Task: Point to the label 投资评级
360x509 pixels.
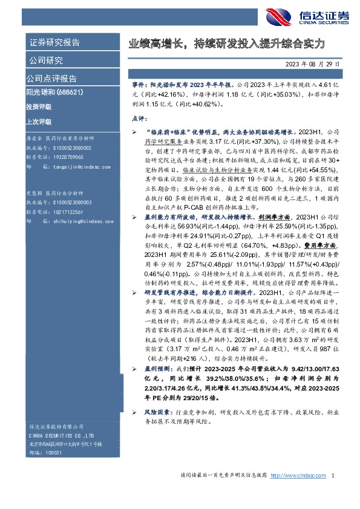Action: (x=39, y=107)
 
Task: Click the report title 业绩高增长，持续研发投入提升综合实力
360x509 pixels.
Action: (x=227, y=44)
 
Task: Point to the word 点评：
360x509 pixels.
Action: (x=141, y=120)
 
